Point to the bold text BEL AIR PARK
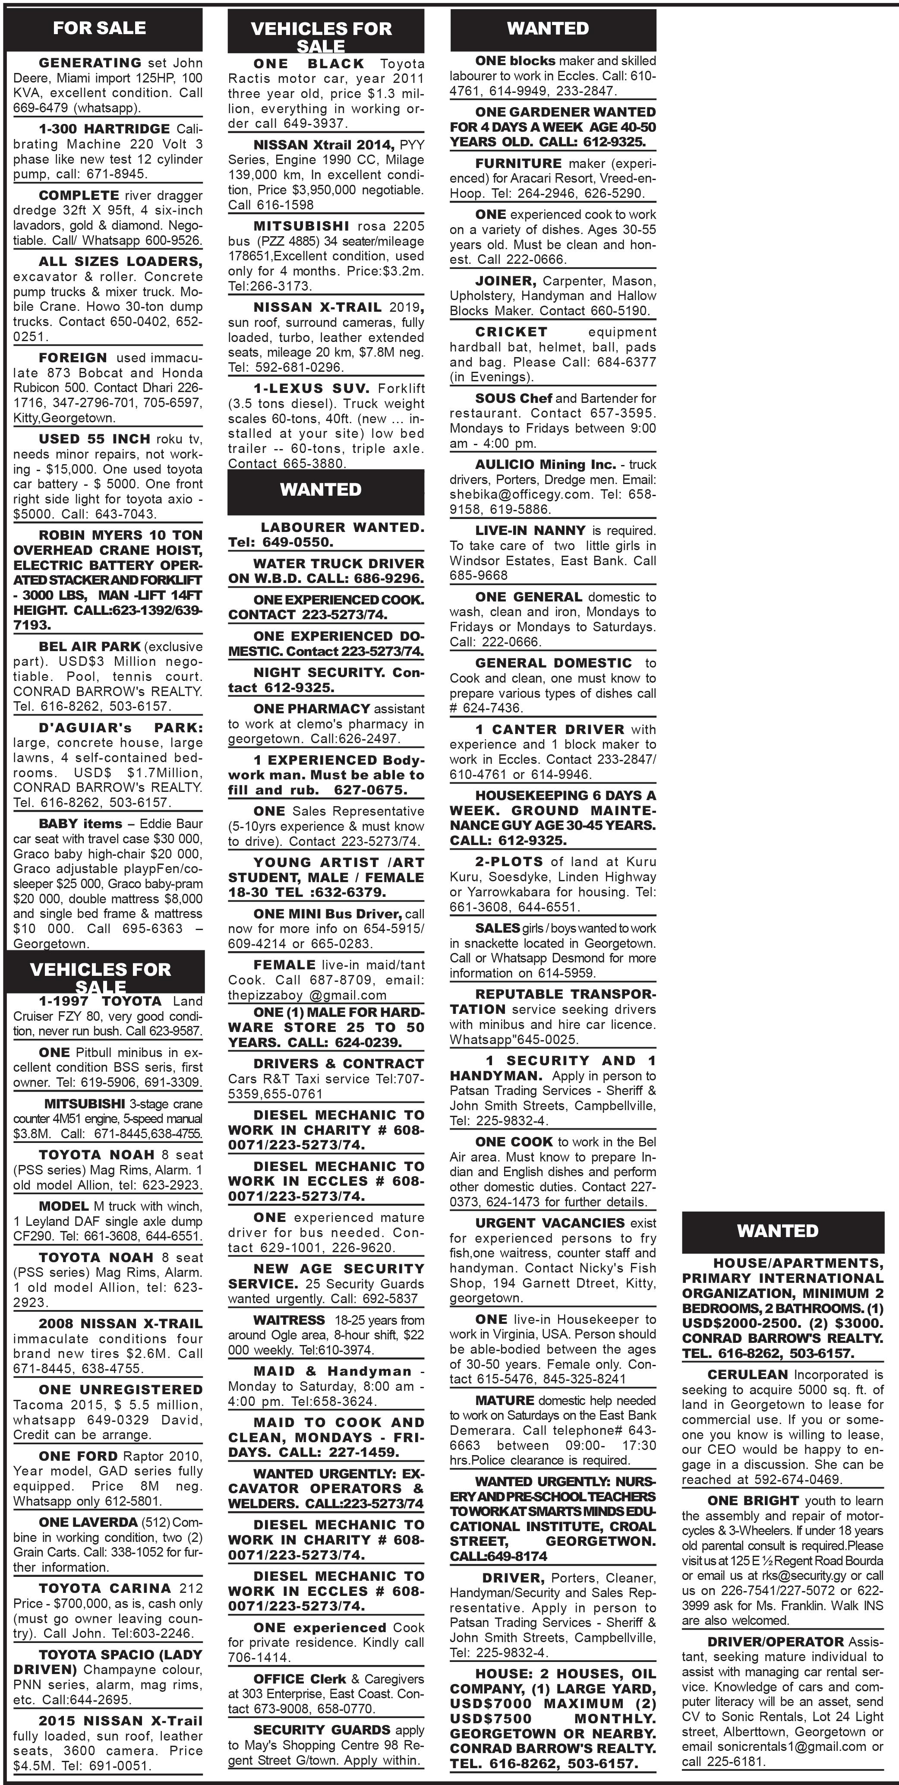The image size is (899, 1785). (x=90, y=646)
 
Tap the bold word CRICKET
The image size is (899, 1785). (x=511, y=332)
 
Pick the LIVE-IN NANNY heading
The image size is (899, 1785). (x=530, y=531)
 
